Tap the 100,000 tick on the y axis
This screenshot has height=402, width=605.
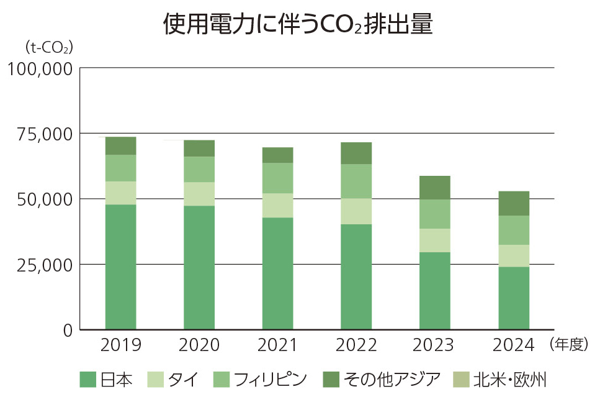[x=39, y=68]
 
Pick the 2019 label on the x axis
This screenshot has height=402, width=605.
[x=120, y=345]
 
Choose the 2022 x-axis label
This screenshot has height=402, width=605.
[x=356, y=345]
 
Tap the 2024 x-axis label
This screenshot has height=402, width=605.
[x=514, y=345]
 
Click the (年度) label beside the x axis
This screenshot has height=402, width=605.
[x=568, y=345]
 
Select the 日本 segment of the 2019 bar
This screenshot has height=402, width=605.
[x=120, y=267]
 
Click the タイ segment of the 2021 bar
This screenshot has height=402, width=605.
[x=277, y=205]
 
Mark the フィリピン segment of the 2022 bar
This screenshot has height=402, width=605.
[x=356, y=181]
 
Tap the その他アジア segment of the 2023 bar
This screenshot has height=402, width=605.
[x=435, y=188]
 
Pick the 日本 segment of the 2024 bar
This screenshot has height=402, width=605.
[x=514, y=298]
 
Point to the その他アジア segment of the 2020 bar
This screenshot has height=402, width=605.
[x=199, y=148]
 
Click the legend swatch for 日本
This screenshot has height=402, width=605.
[x=88, y=379]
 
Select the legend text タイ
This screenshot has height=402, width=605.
[x=183, y=379]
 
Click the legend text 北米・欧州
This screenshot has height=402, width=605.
[x=509, y=379]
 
